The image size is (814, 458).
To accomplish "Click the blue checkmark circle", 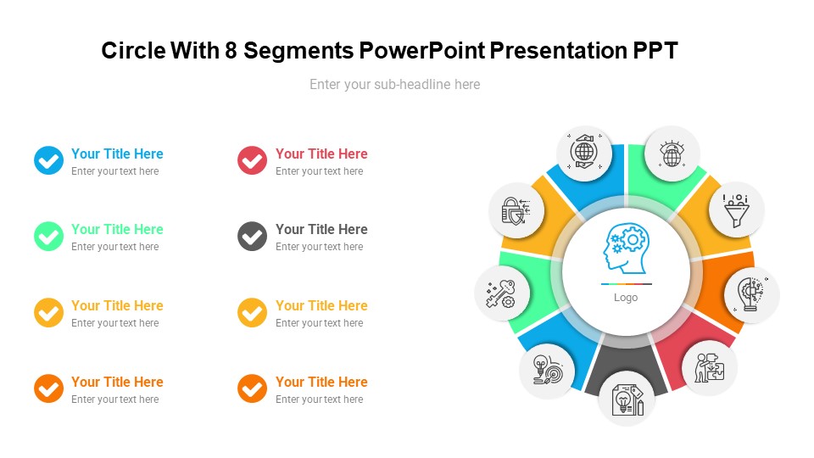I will (x=48, y=160).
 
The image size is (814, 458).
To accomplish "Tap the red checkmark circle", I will (x=252, y=160).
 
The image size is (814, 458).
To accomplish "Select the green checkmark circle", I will (x=48, y=236).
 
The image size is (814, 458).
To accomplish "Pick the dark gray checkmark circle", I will (x=252, y=236).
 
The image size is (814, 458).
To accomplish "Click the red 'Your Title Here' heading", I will (x=321, y=154).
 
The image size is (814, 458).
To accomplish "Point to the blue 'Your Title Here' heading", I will (x=117, y=154).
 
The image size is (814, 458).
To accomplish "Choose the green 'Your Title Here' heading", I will (x=117, y=229).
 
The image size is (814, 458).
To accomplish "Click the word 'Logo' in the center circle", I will (x=626, y=298).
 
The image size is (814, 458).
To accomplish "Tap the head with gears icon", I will (x=626, y=249).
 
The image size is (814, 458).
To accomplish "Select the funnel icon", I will (x=736, y=209).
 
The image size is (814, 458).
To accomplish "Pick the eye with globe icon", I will (x=672, y=154).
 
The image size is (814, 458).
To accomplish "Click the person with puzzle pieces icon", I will (x=709, y=367).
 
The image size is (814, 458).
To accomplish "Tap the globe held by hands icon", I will (x=584, y=154).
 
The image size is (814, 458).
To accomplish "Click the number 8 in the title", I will (x=231, y=51).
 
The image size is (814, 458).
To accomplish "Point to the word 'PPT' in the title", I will (x=655, y=51).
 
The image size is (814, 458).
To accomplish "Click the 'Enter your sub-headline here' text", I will (x=394, y=84).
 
